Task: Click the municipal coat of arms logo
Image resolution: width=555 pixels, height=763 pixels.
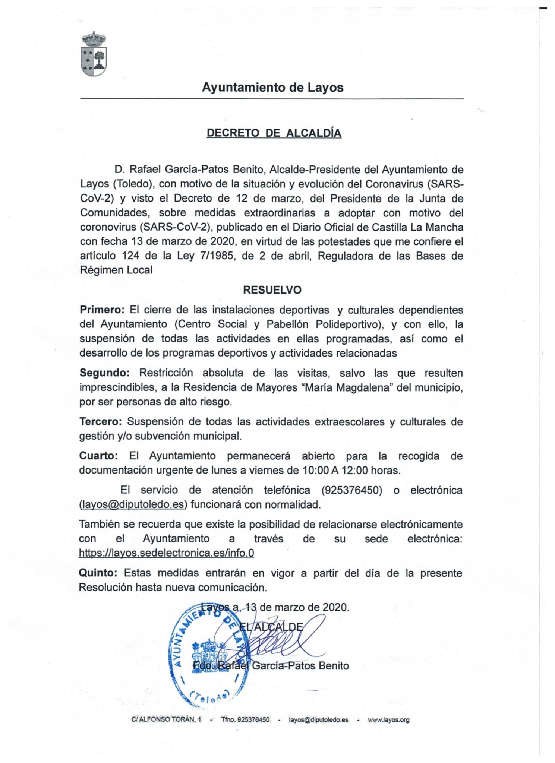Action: [x=94, y=54]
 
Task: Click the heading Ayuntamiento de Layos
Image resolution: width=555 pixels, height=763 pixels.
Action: [x=272, y=88]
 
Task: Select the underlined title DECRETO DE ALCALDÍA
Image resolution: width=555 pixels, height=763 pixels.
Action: [x=274, y=133]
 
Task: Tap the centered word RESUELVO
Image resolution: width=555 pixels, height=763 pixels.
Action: [x=272, y=290]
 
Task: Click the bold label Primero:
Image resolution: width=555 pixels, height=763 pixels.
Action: [x=102, y=310]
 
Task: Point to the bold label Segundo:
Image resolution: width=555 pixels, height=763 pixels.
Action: [x=104, y=373]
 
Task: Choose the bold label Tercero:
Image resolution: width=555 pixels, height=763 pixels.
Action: [x=101, y=422]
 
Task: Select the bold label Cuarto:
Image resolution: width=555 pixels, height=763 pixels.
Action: [x=98, y=456]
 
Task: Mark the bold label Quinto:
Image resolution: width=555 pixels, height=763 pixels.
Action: [x=98, y=573]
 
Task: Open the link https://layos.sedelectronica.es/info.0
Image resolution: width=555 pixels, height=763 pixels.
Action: [x=166, y=553]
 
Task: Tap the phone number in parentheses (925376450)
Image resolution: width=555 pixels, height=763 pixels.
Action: [x=351, y=490]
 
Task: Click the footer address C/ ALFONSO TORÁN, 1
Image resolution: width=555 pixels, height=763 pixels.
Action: [x=166, y=720]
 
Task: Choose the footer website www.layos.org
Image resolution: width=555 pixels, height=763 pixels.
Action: [x=388, y=720]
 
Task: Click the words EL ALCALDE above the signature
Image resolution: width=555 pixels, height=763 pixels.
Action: [x=271, y=627]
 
